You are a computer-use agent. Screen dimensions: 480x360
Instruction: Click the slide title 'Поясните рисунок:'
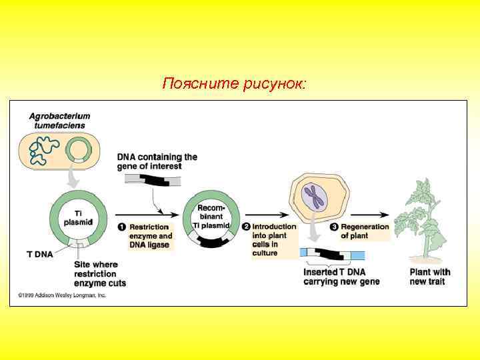pyautogui.click(x=235, y=85)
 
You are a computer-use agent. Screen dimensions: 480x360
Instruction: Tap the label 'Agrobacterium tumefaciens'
pyautogui.click(x=60, y=120)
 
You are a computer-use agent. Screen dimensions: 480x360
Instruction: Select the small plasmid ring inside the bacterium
pyautogui.click(x=79, y=150)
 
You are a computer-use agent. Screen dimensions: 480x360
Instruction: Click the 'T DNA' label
pyautogui.click(x=39, y=254)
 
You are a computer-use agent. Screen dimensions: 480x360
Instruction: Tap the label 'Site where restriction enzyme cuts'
pyautogui.click(x=100, y=274)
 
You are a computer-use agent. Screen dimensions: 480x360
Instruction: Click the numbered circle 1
pyautogui.click(x=122, y=227)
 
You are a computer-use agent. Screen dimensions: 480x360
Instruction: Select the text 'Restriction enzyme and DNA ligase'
pyautogui.click(x=151, y=236)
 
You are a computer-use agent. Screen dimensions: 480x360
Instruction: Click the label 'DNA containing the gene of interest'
pyautogui.click(x=157, y=161)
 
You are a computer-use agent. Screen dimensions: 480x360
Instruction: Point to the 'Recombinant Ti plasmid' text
pyautogui.click(x=212, y=217)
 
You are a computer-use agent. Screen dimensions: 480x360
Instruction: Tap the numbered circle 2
pyautogui.click(x=246, y=227)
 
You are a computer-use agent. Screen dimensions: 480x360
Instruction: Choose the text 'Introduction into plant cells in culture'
pyautogui.click(x=273, y=240)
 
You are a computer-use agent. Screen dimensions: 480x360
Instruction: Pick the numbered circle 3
pyautogui.click(x=335, y=227)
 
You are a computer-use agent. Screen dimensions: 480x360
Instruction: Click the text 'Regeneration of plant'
pyautogui.click(x=365, y=231)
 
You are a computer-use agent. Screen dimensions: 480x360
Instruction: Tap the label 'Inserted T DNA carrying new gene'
pyautogui.click(x=341, y=277)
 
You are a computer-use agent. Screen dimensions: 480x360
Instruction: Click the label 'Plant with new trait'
pyautogui.click(x=430, y=277)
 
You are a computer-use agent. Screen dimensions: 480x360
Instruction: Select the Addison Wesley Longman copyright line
pyautogui.click(x=62, y=295)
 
